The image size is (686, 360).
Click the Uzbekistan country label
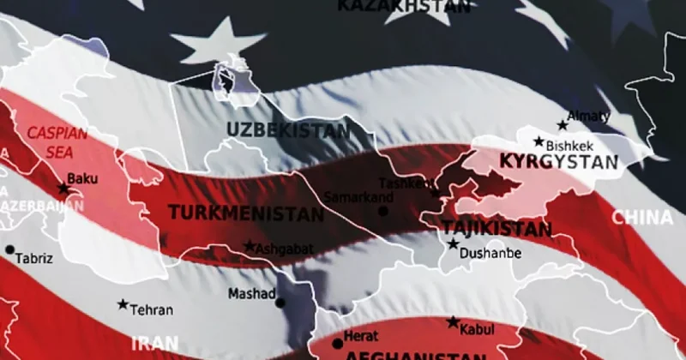pyautogui.click(x=288, y=131)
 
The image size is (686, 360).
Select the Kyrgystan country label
pyautogui.click(x=557, y=161)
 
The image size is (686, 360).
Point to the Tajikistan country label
pyautogui.click(x=496, y=229)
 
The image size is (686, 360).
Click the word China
pyautogui.click(x=641, y=217)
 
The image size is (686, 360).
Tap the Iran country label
pyautogui.click(x=155, y=343)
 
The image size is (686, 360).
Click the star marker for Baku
pyautogui.click(x=63, y=189)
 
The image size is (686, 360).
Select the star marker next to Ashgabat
pyautogui.click(x=250, y=246)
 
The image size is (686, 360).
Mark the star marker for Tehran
pyautogui.click(x=123, y=305)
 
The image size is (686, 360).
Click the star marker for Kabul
pyautogui.click(x=453, y=322)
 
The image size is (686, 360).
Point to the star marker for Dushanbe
pyautogui.click(x=453, y=244)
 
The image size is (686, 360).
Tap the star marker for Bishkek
pyautogui.click(x=539, y=142)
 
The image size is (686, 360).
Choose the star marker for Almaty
pyautogui.click(x=563, y=125)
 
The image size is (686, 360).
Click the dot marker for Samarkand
pyautogui.click(x=382, y=211)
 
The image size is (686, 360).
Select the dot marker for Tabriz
pyautogui.click(x=10, y=250)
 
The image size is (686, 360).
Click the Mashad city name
pyautogui.click(x=250, y=294)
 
